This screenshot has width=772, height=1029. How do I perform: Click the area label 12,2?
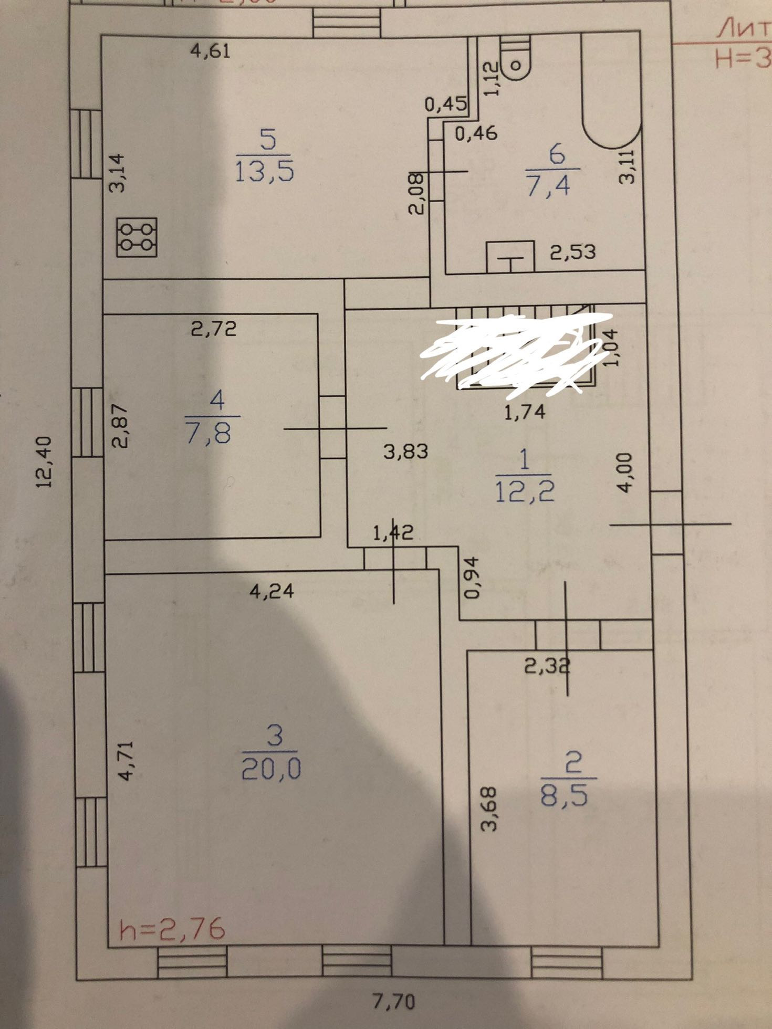[x=524, y=492]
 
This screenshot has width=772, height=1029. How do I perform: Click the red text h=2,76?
[x=173, y=929]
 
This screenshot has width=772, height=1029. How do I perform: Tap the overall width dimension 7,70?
[x=394, y=1002]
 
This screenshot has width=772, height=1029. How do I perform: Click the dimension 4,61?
[x=210, y=51]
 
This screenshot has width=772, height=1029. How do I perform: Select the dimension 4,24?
[x=272, y=592]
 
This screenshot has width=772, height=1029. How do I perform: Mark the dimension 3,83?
[x=405, y=451]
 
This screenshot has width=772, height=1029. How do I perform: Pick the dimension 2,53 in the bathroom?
[x=573, y=252]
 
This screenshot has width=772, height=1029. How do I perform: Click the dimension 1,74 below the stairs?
[x=525, y=412]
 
